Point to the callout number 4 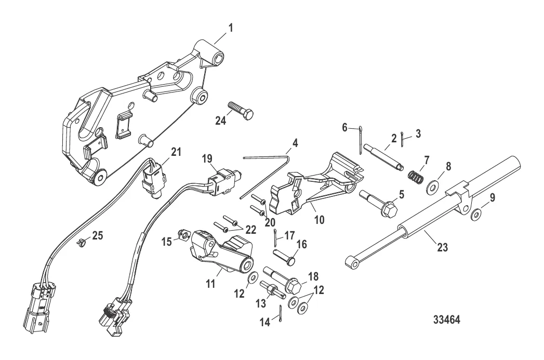tap(295, 141)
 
